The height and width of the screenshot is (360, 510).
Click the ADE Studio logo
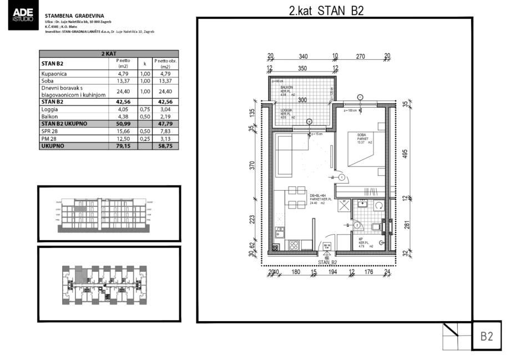click(22, 17)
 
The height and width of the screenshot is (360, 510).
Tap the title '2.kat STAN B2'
click(326, 11)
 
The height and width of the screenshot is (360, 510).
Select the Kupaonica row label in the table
click(54, 73)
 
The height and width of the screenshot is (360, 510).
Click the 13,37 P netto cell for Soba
click(123, 80)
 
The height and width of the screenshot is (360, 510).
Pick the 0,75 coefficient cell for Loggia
click(144, 109)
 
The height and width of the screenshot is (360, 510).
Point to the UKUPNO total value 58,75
click(165, 146)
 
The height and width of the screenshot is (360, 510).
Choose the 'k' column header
click(144, 63)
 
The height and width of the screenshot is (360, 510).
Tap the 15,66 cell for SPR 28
click(123, 131)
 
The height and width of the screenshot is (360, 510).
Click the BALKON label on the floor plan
click(286, 88)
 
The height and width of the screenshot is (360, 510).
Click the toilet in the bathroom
click(376, 226)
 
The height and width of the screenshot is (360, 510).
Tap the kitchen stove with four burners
click(294, 244)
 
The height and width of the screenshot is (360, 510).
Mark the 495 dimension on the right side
click(405, 153)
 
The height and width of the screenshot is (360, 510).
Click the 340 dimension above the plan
click(303, 56)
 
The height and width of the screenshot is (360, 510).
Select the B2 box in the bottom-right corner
click(487, 336)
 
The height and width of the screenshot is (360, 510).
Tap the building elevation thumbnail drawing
click(109, 214)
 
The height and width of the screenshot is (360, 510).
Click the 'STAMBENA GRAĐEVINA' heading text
click(74, 17)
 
